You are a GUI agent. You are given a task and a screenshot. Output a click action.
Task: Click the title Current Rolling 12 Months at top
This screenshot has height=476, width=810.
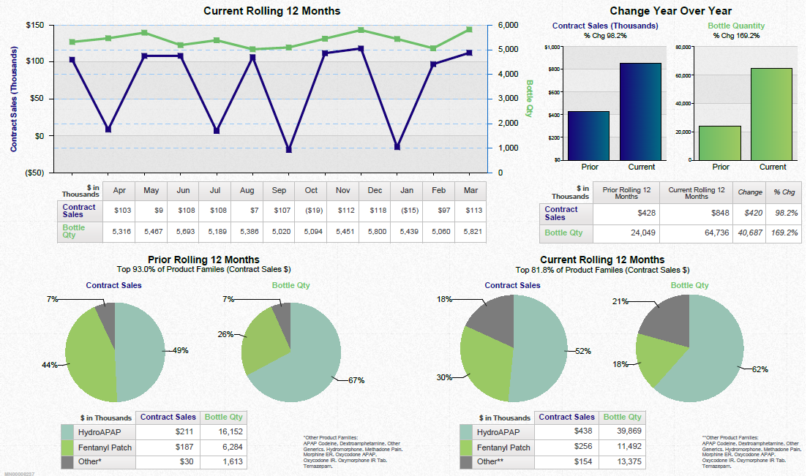[x=271, y=11]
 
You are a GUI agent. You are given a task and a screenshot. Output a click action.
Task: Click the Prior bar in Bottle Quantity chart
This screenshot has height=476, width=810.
[x=720, y=143]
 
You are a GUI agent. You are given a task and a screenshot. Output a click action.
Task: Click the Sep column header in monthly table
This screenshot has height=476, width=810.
[x=279, y=191]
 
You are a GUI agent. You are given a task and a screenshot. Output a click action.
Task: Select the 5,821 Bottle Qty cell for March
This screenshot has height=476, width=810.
[x=470, y=232]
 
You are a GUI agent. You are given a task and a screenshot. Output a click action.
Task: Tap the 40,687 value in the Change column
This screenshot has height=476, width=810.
[x=749, y=233]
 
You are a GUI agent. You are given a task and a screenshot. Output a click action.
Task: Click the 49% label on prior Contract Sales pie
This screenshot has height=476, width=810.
[x=180, y=350]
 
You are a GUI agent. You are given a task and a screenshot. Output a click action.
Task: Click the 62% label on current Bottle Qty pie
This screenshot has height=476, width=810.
[x=760, y=369]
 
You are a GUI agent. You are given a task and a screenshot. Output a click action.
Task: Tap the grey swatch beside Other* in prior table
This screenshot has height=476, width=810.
[x=68, y=462]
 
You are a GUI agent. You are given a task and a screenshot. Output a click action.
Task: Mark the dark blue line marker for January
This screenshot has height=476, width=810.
[x=397, y=147]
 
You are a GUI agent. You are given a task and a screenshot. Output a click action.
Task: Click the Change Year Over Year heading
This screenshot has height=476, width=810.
[x=670, y=11]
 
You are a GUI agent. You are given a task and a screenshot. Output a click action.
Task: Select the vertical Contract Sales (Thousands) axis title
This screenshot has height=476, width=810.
[x=14, y=99]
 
